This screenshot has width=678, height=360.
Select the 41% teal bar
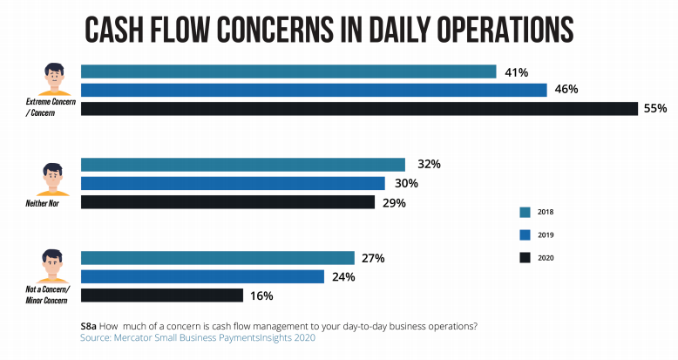tap(288, 71)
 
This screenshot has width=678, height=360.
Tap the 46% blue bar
tap(314, 90)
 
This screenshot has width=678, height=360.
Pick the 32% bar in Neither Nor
tap(243, 164)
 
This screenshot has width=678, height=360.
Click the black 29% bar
tap(227, 202)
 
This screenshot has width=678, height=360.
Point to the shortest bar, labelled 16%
tap(162, 295)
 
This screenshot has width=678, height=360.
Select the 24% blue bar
tap(202, 276)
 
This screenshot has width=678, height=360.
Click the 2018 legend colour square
tap(525, 212)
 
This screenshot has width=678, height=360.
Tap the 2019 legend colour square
tap(525, 234)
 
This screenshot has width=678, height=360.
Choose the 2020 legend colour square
tap(525, 257)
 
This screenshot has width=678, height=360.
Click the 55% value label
tap(655, 109)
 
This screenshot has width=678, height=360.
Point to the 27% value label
tap(373, 258)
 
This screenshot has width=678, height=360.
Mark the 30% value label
tap(406, 183)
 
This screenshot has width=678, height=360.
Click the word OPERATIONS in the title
tap(492, 29)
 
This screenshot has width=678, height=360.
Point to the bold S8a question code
tap(89, 326)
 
